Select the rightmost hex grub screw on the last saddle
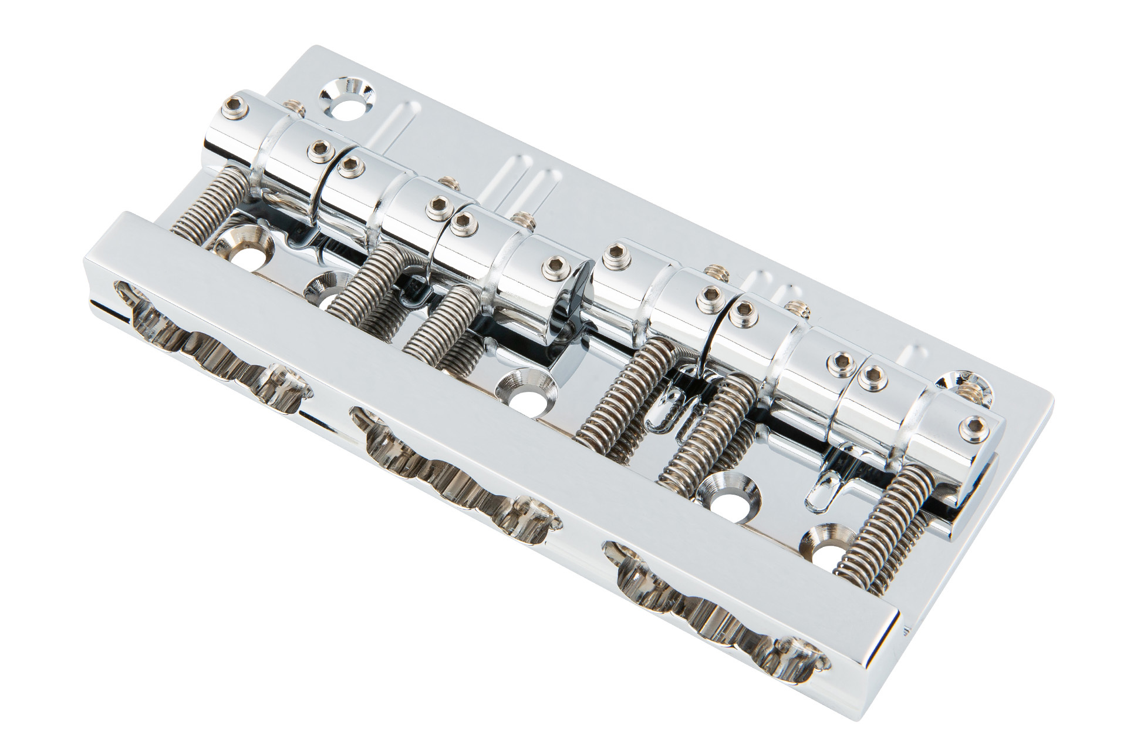[x=976, y=425]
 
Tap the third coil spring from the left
[x=437, y=324]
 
